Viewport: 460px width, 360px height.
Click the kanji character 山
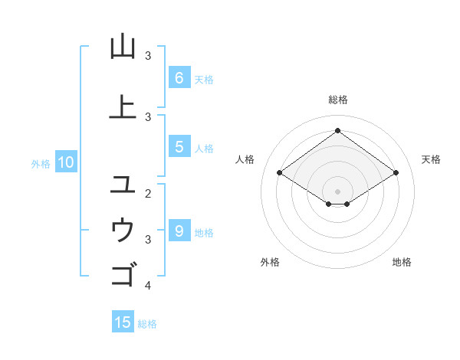(x=123, y=47)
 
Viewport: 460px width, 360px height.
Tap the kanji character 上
(x=123, y=107)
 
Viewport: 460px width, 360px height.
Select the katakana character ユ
(x=123, y=184)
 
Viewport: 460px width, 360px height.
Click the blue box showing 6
(x=179, y=78)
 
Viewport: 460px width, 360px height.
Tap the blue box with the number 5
(x=179, y=147)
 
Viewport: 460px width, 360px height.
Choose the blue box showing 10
(x=65, y=162)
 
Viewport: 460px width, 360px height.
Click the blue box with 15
(x=123, y=322)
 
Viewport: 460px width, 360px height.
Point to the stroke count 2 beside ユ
(x=148, y=194)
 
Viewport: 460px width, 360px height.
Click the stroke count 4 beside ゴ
(x=148, y=286)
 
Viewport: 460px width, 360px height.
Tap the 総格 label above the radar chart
(x=337, y=100)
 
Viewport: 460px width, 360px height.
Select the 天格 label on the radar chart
(x=432, y=159)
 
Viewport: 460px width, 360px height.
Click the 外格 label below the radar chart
(x=270, y=262)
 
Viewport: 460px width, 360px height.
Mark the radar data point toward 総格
(x=337, y=130)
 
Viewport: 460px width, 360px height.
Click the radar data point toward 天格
(x=396, y=173)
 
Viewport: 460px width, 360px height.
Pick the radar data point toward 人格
(x=279, y=173)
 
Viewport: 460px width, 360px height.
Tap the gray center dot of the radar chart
(x=337, y=191)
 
